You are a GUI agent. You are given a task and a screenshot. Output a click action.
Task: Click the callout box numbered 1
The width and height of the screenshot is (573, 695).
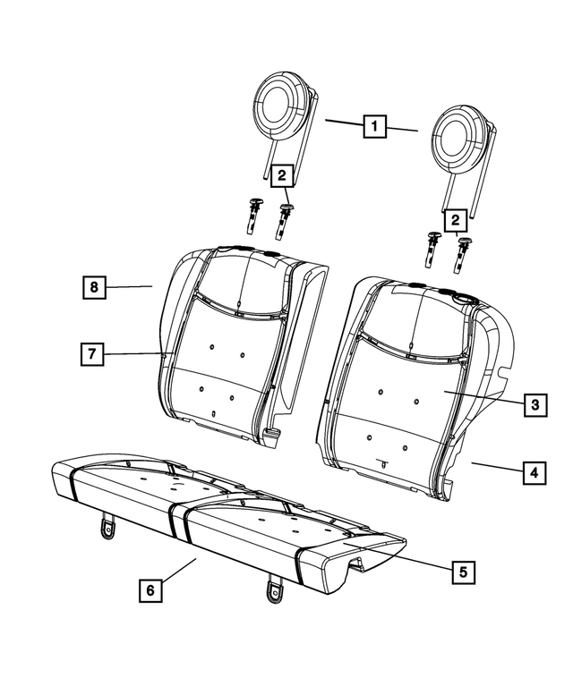[x=374, y=127]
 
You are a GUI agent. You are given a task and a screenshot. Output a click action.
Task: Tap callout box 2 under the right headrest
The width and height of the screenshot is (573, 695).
[x=456, y=219]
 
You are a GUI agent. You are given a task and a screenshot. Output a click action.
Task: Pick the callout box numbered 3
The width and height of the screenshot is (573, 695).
[x=534, y=405]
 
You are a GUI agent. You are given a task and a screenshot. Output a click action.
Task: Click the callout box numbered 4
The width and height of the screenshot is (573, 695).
[x=534, y=471]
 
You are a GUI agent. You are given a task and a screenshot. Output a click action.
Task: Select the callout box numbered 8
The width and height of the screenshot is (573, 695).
[x=93, y=287]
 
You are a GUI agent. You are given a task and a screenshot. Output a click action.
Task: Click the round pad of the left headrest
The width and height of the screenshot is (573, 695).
[x=281, y=106]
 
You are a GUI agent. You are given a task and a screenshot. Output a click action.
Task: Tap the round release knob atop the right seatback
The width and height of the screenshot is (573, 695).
[x=464, y=298]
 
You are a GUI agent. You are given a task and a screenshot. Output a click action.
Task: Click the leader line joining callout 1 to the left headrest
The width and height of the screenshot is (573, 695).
[x=343, y=123]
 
